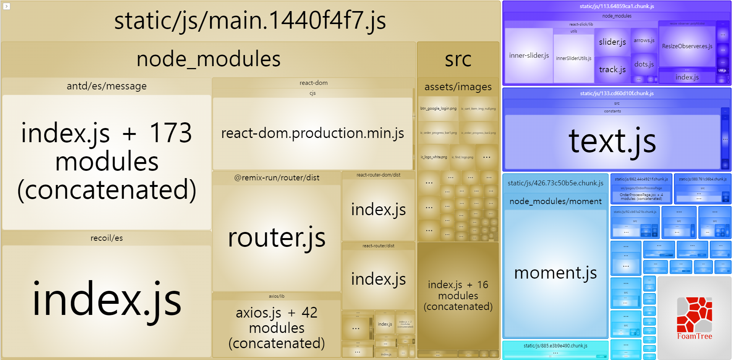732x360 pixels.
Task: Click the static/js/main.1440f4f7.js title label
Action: click(250, 21)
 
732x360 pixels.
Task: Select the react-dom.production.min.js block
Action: click(313, 133)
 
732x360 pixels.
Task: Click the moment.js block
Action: click(555, 273)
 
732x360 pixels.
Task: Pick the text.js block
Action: click(612, 141)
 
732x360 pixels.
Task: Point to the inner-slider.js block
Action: click(529, 55)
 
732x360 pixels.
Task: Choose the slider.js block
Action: click(612, 42)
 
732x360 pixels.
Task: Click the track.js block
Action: click(612, 70)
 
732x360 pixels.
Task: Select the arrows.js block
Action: click(644, 41)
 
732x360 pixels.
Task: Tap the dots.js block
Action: click(644, 64)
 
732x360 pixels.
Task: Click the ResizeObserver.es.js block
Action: click(687, 46)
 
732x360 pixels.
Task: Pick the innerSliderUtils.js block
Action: click(573, 58)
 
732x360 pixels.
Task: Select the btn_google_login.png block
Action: click(438, 109)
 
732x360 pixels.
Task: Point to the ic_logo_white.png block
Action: click(434, 157)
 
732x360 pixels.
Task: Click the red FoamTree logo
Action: click(694, 315)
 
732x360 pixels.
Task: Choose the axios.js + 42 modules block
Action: click(277, 328)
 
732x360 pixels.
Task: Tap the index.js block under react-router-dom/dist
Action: click(378, 209)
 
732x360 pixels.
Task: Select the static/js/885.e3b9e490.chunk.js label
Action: click(555, 346)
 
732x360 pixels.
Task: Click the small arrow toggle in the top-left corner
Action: click(6, 6)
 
